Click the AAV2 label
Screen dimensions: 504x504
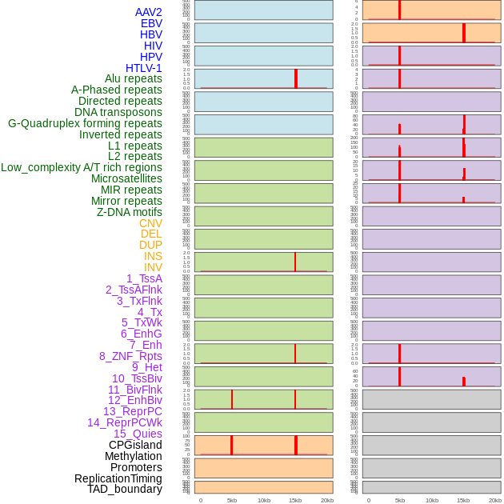pyautogui.click(x=149, y=12)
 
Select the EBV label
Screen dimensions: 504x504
pyautogui.click(x=151, y=23)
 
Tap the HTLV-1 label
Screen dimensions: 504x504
pyautogui.click(x=144, y=68)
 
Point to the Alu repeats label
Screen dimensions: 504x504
pyautogui.click(x=134, y=78)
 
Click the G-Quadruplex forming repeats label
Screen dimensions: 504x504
pyautogui.click(x=85, y=123)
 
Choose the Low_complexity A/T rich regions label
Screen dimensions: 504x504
pyautogui.click(x=82, y=167)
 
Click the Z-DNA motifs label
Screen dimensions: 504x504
pyautogui.click(x=130, y=212)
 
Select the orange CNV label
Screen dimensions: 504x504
pyautogui.click(x=150, y=223)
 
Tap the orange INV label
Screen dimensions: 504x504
pyautogui.click(x=153, y=267)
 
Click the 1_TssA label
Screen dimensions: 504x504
pyautogui.click(x=144, y=278)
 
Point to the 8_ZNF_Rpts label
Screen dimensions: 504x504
pyautogui.click(x=130, y=356)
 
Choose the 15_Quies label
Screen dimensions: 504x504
pyautogui.click(x=138, y=434)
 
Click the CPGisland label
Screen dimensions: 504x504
pyautogui.click(x=135, y=445)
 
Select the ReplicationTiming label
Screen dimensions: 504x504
pyautogui.click(x=118, y=478)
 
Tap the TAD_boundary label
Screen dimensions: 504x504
pyautogui.click(x=125, y=489)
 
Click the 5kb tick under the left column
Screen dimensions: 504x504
pyautogui.click(x=232, y=500)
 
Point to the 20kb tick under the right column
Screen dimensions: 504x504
pyautogui.click(x=495, y=500)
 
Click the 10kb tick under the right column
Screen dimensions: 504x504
pyautogui.click(x=432, y=500)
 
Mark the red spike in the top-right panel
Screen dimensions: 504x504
pyautogui.click(x=399, y=10)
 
